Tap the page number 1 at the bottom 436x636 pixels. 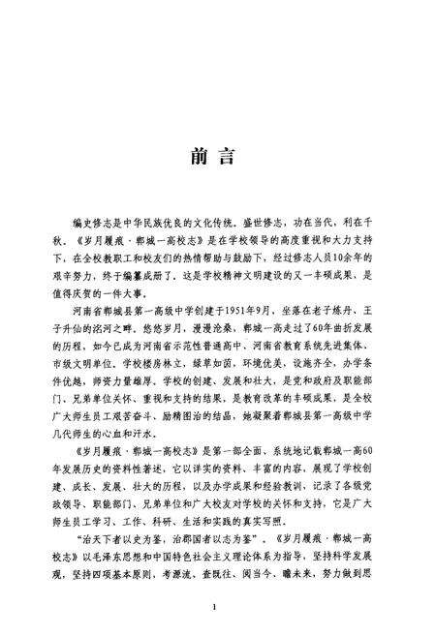coord(218,606)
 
